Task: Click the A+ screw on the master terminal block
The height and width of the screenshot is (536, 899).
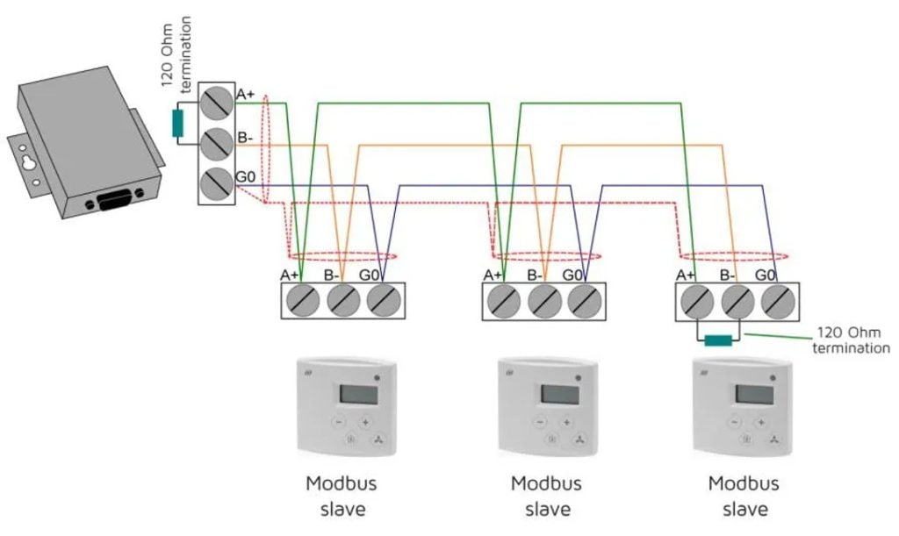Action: (215, 104)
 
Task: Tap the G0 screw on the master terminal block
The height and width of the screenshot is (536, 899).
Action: (215, 183)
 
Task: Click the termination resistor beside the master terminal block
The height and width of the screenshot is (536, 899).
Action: (178, 124)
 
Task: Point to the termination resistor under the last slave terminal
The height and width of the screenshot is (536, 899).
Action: (717, 340)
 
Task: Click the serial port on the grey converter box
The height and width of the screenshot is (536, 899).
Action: (113, 203)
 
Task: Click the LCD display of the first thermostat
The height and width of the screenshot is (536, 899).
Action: (355, 394)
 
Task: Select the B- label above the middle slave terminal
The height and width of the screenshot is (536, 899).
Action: (535, 275)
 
